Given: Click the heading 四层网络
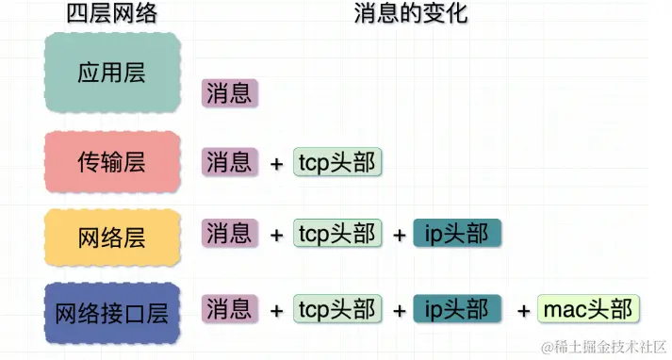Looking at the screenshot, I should [x=111, y=13].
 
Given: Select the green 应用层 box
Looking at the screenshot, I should [x=111, y=74].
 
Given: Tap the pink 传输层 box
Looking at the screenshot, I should [x=111, y=162].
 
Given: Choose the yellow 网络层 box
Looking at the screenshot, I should [x=111, y=235].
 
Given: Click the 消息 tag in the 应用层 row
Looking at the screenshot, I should [x=229, y=92].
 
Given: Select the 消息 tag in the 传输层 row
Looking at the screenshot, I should [x=229, y=162].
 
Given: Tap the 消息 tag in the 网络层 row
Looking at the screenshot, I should [x=229, y=233].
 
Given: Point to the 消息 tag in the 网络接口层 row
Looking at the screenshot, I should [x=229, y=308].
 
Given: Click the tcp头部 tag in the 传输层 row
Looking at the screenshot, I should [x=337, y=162].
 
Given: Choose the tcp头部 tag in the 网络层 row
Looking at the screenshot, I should [x=337, y=233].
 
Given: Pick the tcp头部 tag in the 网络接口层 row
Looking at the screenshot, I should [x=337, y=308].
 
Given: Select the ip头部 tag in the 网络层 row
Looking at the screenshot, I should [x=457, y=233].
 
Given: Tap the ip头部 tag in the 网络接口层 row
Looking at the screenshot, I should [x=457, y=308].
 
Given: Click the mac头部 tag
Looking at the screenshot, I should [x=588, y=308].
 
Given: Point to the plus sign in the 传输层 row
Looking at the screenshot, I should [x=276, y=164].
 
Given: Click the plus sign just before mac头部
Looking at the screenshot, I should [x=523, y=310].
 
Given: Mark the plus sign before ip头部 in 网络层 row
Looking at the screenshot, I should [x=399, y=235].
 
